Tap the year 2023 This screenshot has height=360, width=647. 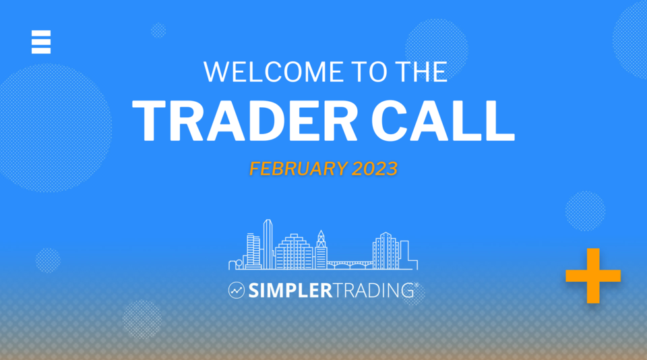(374, 169)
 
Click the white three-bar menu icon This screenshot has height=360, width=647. (40, 42)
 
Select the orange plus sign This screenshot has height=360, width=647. (593, 275)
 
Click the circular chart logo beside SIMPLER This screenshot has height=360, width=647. (236, 291)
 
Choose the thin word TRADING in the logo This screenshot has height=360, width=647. (373, 291)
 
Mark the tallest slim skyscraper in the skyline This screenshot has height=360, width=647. (268, 243)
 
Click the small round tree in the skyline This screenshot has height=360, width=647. (238, 264)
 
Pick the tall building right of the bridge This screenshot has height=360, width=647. (386, 250)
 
